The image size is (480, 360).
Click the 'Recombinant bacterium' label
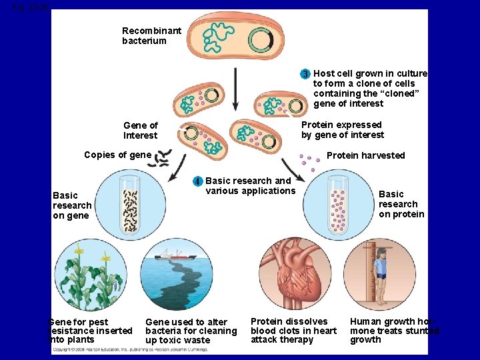tap(151, 36)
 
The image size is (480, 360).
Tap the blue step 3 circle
tap(305, 74)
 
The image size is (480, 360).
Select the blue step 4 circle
tap(197, 181)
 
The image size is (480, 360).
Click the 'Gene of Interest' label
tap(140, 130)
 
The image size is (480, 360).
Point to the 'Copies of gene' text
tap(117, 155)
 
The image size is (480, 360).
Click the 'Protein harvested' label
tap(365, 155)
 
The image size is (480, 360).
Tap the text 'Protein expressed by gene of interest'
tap(342, 130)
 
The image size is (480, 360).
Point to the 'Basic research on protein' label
tap(401, 204)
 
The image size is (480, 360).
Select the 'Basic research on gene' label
tap(71, 205)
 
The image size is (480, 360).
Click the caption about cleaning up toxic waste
tap(191, 331)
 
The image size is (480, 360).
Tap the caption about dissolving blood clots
tap(293, 331)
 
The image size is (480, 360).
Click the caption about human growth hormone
tap(393, 331)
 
